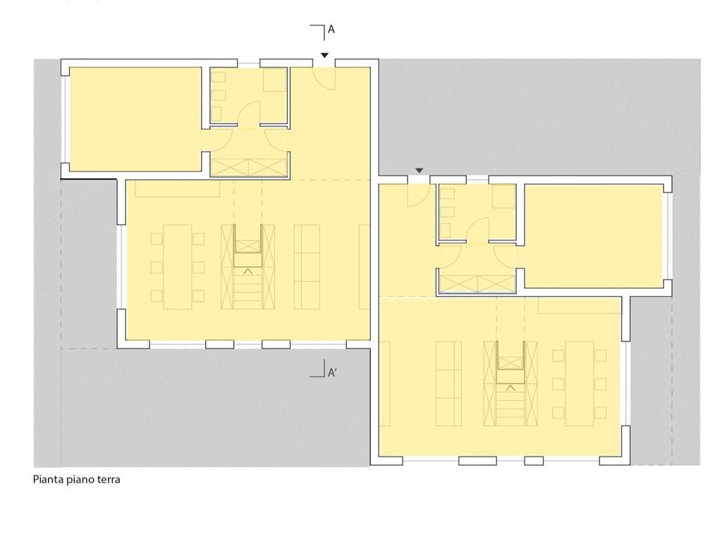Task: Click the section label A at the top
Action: pos(331,30)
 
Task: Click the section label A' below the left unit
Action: pos(332,373)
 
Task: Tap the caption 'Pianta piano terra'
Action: pos(76,480)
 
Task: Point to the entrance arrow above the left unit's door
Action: pos(324,55)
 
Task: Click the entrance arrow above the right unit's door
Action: pos(419,170)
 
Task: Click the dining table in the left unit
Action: pos(178,267)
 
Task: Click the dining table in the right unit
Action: pos(580,384)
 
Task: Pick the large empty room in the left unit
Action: pos(135,119)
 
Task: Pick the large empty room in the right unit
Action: pos(594,236)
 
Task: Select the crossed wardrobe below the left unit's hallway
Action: pos(250,168)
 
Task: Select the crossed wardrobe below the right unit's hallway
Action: pos(477,284)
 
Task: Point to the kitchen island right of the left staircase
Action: pos(307,267)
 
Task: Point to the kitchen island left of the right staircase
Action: pos(448,384)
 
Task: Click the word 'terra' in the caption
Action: pos(108,480)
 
